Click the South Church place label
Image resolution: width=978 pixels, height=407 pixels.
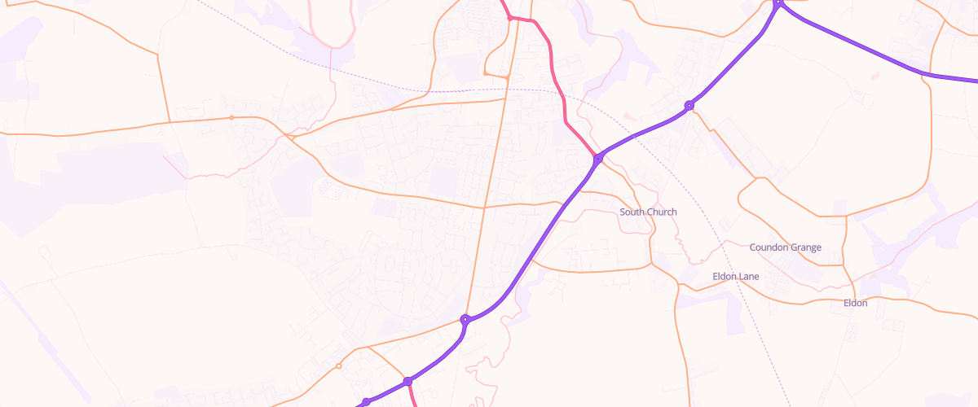648,212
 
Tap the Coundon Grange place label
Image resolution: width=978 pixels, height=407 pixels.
785,247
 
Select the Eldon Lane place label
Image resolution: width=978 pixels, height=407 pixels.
735,277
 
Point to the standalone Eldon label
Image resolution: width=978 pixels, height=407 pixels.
855,304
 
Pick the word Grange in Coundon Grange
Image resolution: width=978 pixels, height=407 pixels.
805,247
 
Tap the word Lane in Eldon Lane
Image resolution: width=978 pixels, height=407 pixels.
749,277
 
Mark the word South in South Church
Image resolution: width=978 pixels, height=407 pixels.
632,212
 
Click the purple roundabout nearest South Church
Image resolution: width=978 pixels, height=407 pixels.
597,159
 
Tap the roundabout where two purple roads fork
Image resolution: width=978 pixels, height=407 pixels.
778,2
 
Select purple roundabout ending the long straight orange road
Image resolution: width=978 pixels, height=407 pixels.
465,320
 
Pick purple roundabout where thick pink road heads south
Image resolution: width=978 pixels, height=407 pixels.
407,381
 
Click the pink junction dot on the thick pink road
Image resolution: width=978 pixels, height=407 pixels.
510,17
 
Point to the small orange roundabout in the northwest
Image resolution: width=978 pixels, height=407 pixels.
231,118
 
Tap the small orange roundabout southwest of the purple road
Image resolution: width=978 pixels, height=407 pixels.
339,366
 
